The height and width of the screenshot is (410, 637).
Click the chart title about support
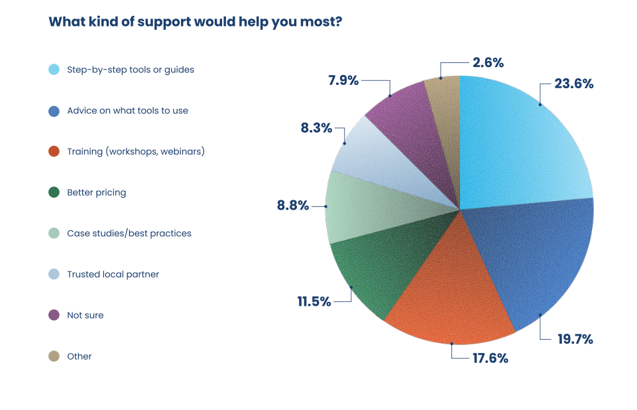tap(196, 22)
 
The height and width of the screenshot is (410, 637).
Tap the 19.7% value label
tap(574, 339)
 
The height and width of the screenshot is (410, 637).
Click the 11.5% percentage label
tap(314, 301)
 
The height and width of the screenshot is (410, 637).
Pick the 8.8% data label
tap(293, 206)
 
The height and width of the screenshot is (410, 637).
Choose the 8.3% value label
tap(316, 128)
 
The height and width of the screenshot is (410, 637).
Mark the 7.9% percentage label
tap(343, 81)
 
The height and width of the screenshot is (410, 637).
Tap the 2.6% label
tap(488, 63)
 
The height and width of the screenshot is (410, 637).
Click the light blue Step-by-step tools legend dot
tap(54, 70)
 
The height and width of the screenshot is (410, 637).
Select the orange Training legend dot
tap(54, 152)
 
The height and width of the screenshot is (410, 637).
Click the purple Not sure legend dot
tap(54, 315)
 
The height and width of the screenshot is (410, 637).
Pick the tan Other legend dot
tap(54, 356)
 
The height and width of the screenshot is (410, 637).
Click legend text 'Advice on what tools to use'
tap(127, 111)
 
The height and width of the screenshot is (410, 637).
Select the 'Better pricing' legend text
tap(96, 192)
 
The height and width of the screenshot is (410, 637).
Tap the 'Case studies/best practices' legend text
tap(129, 234)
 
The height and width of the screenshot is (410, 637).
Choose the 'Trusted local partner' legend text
tap(113, 275)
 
